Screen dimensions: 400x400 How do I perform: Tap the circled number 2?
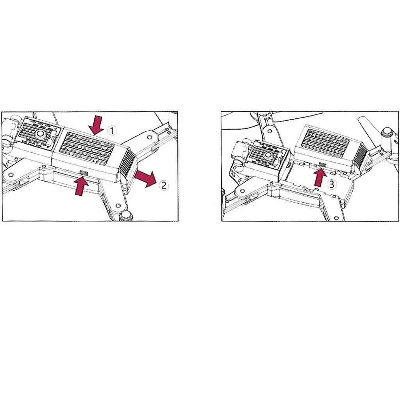coord(164,185)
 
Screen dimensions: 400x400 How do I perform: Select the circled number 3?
coord(331,184)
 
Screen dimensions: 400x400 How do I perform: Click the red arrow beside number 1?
coord(96,125)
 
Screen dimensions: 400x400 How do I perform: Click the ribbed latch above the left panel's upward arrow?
coord(84,173)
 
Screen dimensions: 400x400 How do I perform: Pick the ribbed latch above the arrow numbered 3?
coord(322,165)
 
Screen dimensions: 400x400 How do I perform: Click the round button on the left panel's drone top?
coord(40,133)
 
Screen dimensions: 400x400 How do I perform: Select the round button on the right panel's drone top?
coord(268,155)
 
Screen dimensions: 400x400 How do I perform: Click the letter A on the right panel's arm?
coord(269,118)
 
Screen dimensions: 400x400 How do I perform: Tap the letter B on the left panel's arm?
coord(168,132)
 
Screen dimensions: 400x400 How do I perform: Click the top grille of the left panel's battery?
coord(87,148)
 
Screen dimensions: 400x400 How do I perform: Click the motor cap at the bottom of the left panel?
coord(127,216)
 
